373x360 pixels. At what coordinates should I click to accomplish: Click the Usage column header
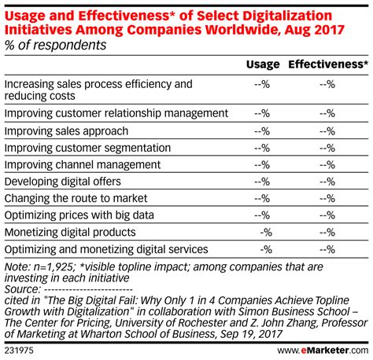coord(262,66)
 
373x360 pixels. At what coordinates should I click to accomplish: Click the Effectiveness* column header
coord(326,66)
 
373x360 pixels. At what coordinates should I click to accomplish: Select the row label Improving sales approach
coord(65,130)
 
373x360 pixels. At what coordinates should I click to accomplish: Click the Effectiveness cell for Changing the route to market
coord(327,198)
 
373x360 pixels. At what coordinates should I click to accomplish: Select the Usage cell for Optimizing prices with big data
coord(263,215)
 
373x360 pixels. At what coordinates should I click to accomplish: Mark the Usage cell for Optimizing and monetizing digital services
coord(266,249)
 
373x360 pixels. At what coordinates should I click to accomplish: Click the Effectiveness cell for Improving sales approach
coord(327,130)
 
